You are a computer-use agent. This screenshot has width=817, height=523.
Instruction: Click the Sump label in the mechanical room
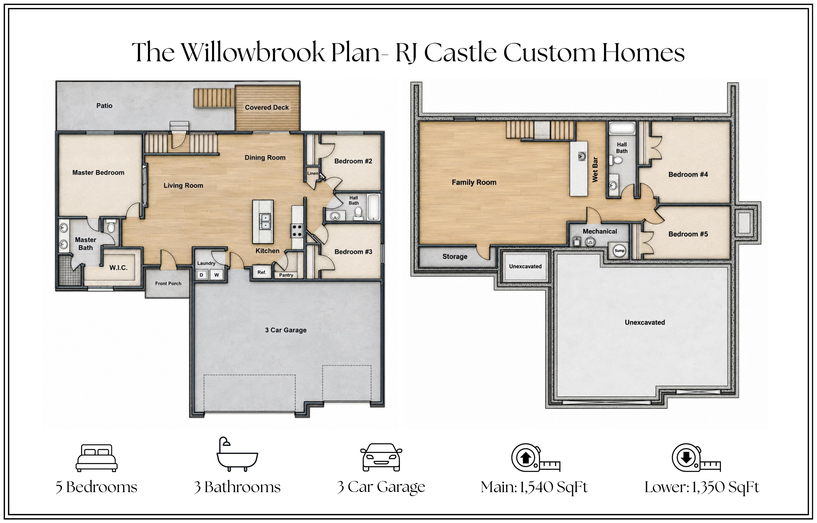pyautogui.click(x=619, y=251)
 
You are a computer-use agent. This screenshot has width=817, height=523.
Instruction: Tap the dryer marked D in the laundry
pyautogui.click(x=201, y=275)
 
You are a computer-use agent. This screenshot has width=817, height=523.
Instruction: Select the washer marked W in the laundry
pyautogui.click(x=216, y=275)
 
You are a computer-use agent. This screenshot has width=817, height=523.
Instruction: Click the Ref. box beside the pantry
pyautogui.click(x=262, y=272)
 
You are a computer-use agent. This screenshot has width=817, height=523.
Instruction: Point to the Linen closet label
pyautogui.click(x=312, y=173)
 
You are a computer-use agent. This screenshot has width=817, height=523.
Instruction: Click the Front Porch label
pyautogui.click(x=168, y=283)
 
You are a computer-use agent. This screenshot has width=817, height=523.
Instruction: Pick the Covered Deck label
pyautogui.click(x=267, y=107)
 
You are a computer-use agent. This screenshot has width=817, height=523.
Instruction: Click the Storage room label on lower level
pyautogui.click(x=455, y=256)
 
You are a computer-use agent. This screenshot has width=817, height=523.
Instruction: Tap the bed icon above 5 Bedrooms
pyautogui.click(x=96, y=458)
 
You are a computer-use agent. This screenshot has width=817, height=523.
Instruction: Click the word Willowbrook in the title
pyautogui.click(x=253, y=53)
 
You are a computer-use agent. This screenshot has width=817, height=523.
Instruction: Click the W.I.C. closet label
pyautogui.click(x=118, y=268)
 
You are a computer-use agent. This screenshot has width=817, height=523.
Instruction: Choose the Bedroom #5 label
pyautogui.click(x=688, y=234)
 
